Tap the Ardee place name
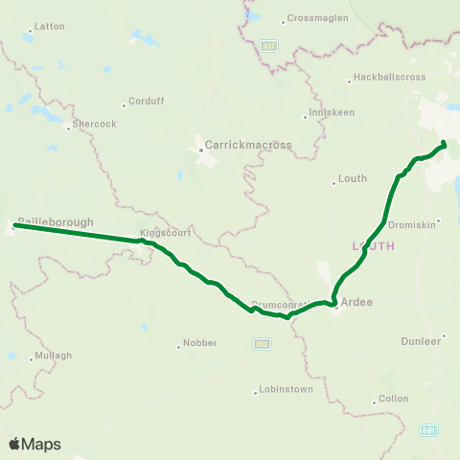(356, 302)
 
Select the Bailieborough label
(56, 221)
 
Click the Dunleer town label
(421, 340)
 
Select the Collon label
(394, 398)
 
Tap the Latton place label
(49, 27)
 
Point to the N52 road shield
(262, 341)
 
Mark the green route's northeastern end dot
(444, 145)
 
